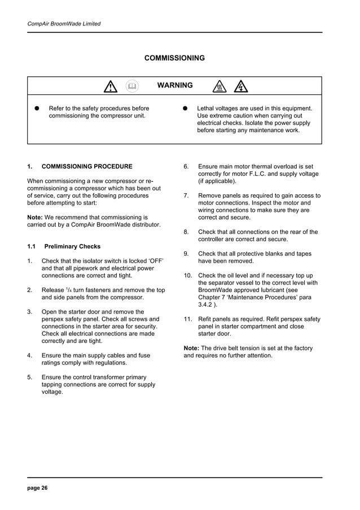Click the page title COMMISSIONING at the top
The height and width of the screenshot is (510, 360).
[174, 58]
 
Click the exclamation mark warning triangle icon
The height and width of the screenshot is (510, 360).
[110, 86]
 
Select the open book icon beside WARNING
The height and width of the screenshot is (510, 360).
[132, 86]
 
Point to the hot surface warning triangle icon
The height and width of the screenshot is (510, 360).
[219, 86]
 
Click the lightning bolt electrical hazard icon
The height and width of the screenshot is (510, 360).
[241, 86]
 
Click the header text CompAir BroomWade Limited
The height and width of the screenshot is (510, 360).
[64, 24]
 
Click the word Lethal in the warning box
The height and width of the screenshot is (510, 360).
[207, 108]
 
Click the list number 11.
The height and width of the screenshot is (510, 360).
[188, 319]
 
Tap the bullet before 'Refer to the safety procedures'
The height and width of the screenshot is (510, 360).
[36, 108]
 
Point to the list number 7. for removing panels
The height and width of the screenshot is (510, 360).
[186, 196]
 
